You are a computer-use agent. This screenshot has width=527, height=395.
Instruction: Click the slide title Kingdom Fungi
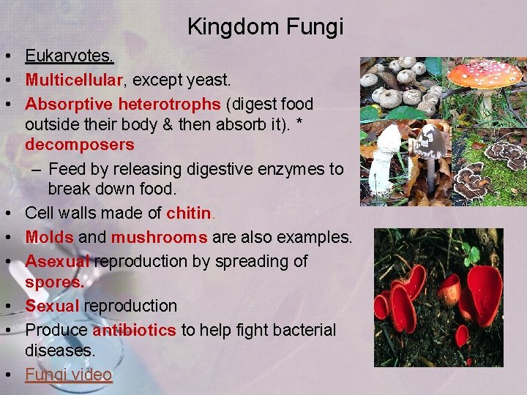pyautogui.click(x=265, y=27)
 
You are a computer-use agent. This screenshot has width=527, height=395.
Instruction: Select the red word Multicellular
pyautogui.click(x=71, y=80)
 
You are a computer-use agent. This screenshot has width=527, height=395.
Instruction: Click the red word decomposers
pyautogui.click(x=80, y=144)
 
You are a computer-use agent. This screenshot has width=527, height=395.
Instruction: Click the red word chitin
pyautogui.click(x=189, y=214)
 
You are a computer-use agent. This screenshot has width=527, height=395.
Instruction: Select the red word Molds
pyautogui.click(x=49, y=238)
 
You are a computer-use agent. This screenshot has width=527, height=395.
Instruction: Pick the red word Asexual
pyautogui.click(x=57, y=261)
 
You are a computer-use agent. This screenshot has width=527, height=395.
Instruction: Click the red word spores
pyautogui.click(x=54, y=282)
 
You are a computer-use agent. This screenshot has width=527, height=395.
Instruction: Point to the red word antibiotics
pyautogui.click(x=134, y=330)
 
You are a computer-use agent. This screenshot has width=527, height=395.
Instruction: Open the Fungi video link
pyautogui.click(x=68, y=375)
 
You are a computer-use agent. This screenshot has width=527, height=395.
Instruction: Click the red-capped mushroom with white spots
pyautogui.click(x=485, y=75)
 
